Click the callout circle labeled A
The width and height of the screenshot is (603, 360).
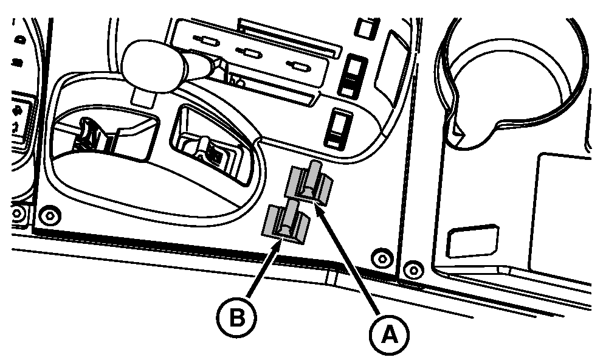tap(389, 333)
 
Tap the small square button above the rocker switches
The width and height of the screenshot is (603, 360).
tap(365, 27)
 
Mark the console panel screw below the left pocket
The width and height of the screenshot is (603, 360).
tap(50, 216)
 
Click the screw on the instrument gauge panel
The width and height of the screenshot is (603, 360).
tap(16, 213)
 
